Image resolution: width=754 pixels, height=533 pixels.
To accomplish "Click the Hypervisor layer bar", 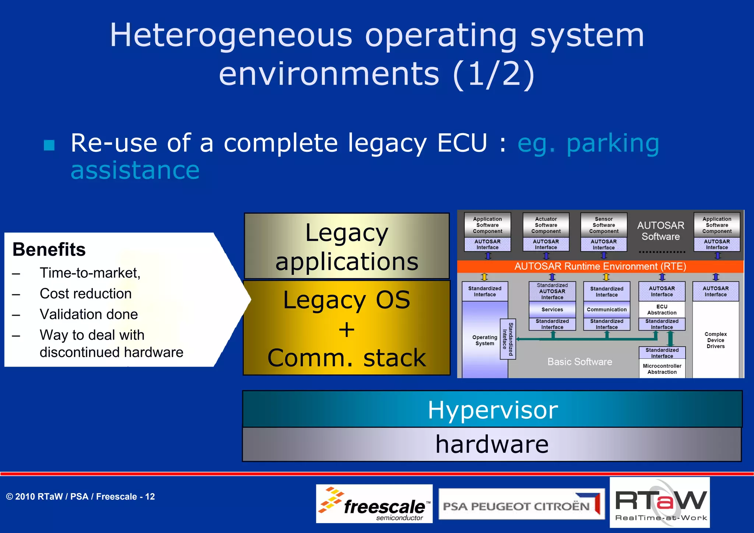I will pos(492,409).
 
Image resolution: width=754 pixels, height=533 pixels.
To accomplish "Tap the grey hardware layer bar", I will pos(491,444).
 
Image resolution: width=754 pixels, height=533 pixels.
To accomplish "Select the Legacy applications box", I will pos(346,246).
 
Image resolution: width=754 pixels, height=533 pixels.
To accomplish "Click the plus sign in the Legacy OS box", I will pos(346,329).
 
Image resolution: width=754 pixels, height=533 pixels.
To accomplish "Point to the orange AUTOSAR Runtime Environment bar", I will pos(600,266).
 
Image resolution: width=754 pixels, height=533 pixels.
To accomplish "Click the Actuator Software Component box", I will pos(546,225).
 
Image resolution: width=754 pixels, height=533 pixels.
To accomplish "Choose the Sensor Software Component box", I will pos(603,225).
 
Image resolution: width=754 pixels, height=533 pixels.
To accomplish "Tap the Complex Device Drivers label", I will pos(715,340).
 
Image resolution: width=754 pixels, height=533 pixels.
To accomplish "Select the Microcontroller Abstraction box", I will pos(662,369).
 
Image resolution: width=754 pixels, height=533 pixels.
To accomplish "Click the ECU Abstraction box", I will pos(662,309).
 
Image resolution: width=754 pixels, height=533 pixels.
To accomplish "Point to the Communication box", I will pos(606,309).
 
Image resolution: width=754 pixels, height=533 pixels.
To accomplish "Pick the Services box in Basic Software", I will pos(552,309).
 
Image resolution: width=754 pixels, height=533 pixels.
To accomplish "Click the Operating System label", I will pos(485,340).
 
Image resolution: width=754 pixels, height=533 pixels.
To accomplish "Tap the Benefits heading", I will pos(49,249).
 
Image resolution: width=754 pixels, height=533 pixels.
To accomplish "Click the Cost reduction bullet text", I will pos(85,294).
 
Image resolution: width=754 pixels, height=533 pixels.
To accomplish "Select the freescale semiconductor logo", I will pos(374,504).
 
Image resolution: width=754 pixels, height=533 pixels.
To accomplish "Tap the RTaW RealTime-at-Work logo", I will pos(660,503).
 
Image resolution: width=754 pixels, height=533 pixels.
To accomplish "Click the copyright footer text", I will pos(80,497).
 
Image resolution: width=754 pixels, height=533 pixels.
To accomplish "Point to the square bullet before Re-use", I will pos(49,145).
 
